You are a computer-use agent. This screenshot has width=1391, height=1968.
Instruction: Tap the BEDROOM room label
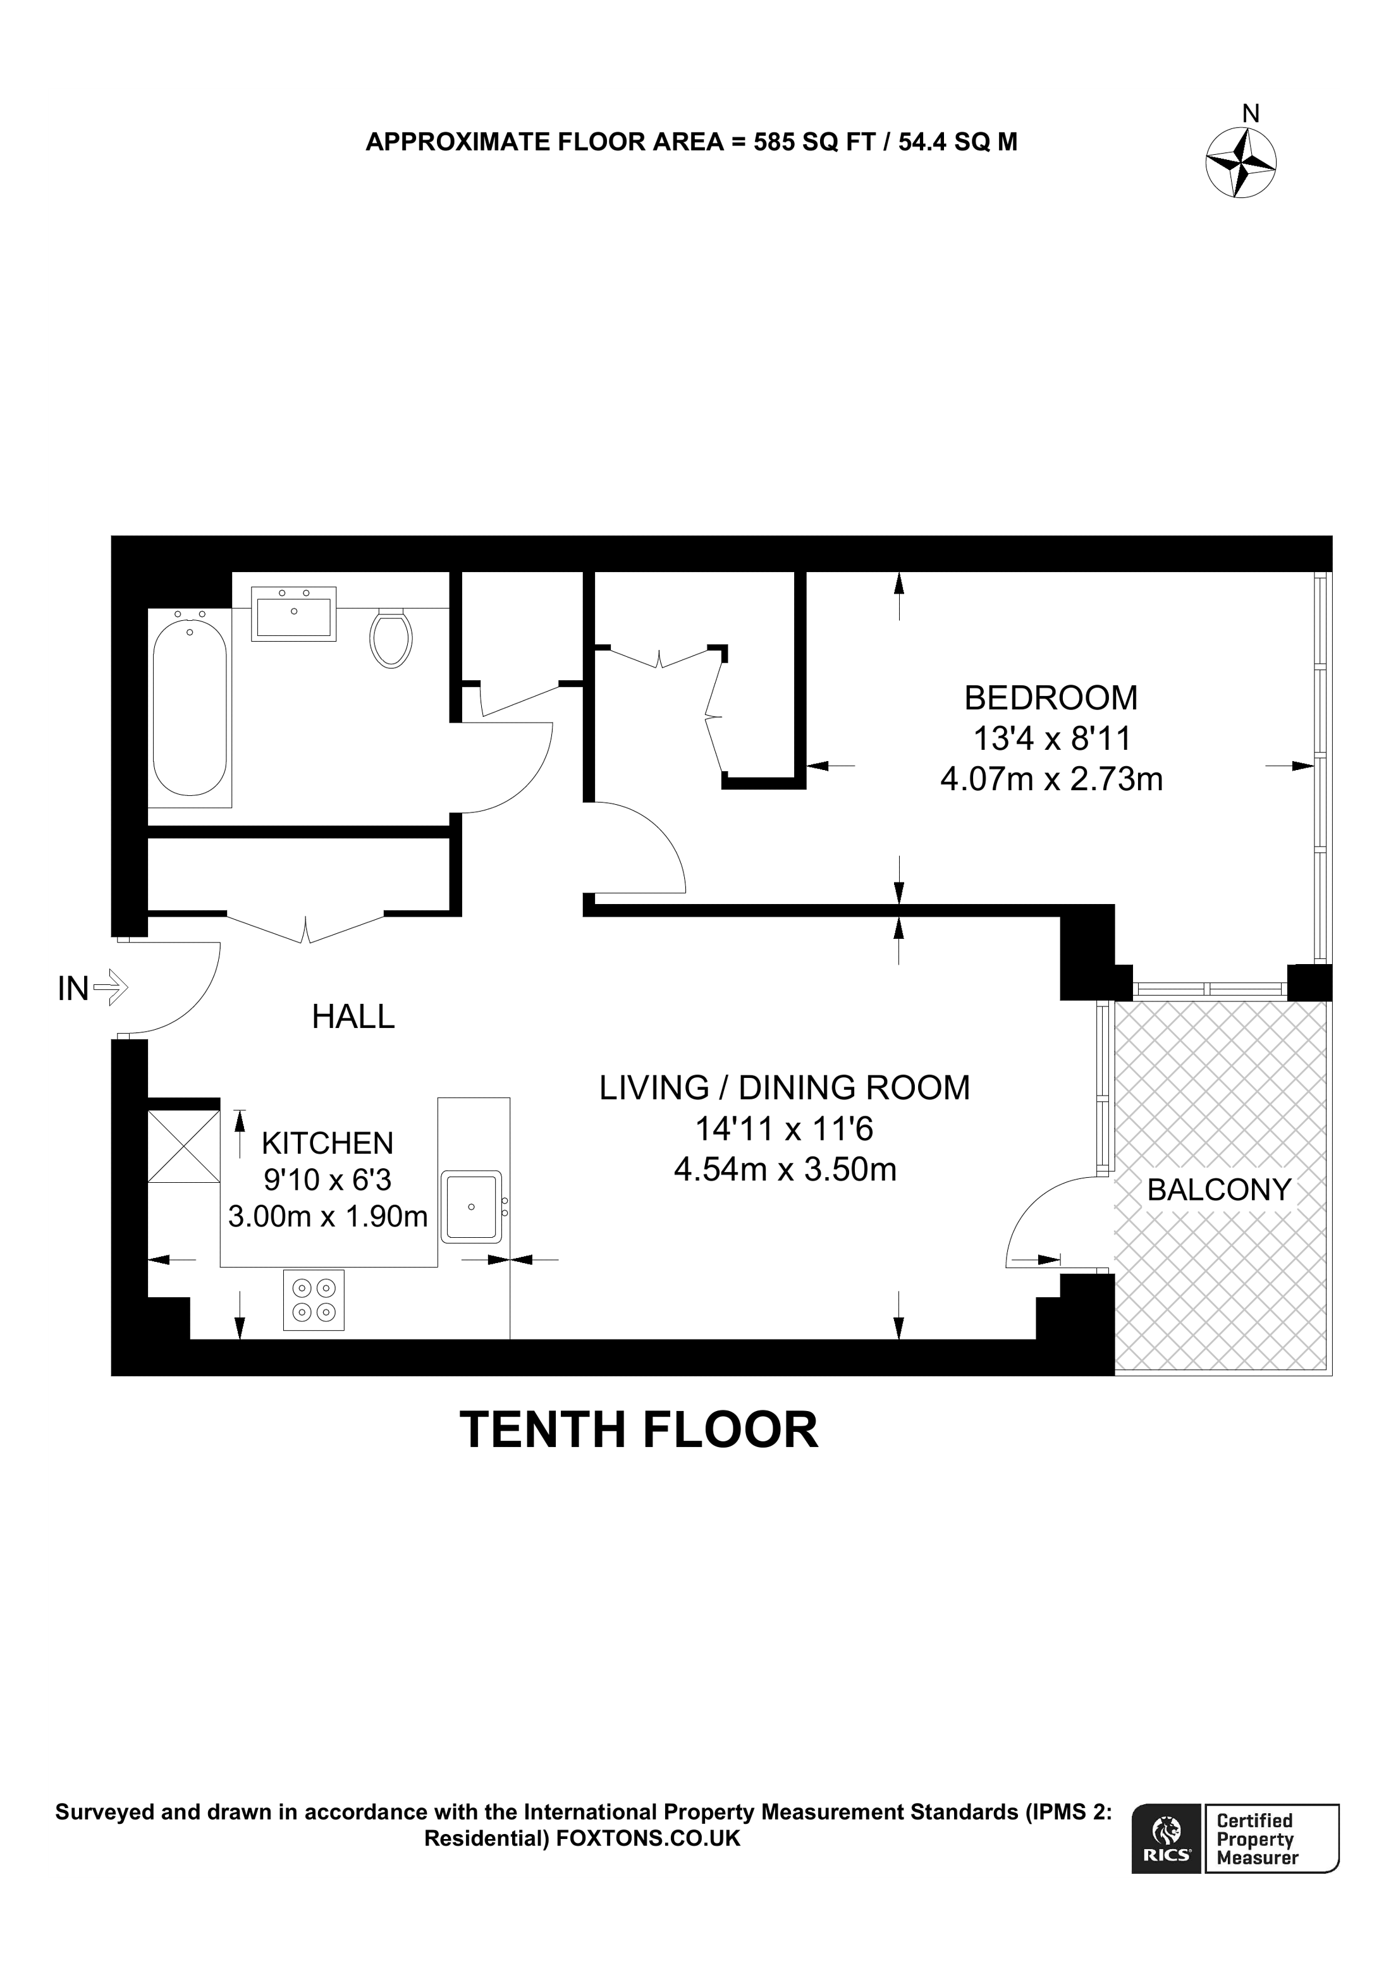coord(1051,698)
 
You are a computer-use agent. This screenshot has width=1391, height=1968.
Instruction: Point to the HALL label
coord(353,1017)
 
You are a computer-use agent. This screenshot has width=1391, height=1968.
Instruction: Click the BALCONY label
coord(1219,1190)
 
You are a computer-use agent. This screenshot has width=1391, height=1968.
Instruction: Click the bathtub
coord(190,707)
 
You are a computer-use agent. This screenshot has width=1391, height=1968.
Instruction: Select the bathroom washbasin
coord(294,614)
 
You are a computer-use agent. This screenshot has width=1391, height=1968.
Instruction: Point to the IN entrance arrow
coord(110,987)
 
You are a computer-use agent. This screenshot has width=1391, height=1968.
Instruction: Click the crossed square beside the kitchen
coord(183,1146)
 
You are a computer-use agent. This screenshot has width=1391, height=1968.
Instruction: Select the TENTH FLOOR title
coord(639,1430)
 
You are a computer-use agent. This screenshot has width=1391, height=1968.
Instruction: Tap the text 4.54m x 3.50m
coord(785,1169)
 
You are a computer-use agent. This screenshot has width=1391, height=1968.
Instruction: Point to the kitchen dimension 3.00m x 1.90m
coord(328,1216)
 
